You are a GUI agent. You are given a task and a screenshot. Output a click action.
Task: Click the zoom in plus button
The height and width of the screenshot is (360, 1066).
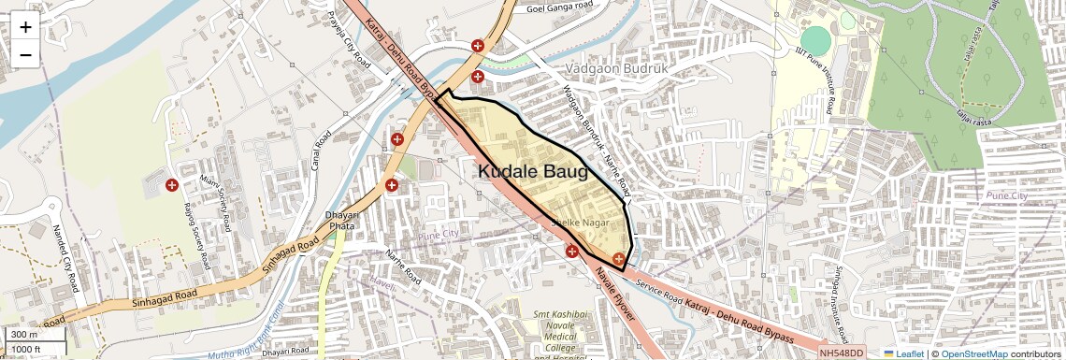tap(25, 26)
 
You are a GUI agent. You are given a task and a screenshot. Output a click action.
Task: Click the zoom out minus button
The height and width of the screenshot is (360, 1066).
tap(25, 54)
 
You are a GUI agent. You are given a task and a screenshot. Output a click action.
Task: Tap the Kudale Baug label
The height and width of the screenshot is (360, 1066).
tap(533, 172)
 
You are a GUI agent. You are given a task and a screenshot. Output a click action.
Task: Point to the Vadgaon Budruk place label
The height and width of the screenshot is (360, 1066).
tap(618, 69)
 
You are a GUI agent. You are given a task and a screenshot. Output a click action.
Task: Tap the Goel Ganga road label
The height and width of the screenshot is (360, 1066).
tap(561, 8)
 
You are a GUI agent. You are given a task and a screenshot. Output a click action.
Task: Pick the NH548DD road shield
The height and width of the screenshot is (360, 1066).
tap(842, 353)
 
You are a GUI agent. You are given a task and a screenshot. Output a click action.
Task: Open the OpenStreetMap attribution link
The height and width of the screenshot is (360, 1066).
tap(973, 353)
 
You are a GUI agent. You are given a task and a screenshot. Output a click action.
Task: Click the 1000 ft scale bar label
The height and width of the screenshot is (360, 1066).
tap(27, 349)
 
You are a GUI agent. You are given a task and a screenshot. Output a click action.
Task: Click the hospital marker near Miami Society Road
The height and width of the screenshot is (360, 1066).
tap(171, 185)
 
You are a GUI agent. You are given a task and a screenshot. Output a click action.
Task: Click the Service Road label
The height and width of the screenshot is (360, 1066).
tap(658, 288)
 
